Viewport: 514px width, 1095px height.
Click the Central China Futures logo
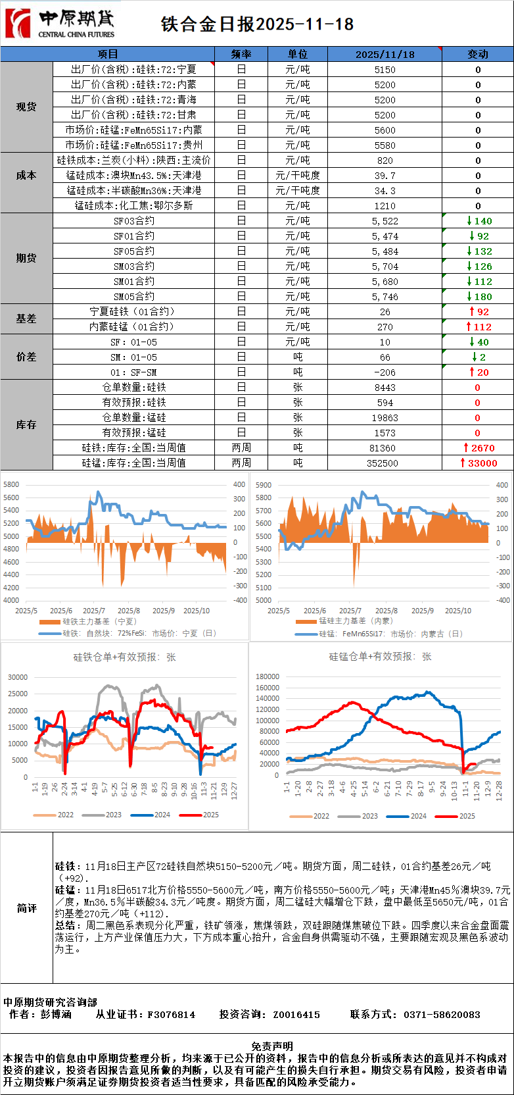[59, 24]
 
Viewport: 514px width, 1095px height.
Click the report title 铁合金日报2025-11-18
[257, 24]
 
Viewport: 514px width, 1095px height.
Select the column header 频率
[241, 54]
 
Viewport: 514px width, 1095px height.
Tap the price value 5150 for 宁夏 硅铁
[385, 70]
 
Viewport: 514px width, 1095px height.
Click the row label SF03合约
[134, 221]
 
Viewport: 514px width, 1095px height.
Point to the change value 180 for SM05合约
[479, 297]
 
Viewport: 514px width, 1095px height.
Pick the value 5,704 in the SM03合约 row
[385, 267]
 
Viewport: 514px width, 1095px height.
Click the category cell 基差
[26, 318]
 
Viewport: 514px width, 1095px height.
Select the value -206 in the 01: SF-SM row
[385, 372]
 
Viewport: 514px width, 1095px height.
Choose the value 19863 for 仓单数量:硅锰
[385, 418]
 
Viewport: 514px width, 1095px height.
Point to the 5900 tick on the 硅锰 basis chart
[263, 485]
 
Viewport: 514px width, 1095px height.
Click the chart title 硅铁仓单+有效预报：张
[124, 657]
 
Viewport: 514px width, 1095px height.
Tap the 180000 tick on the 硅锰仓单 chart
[268, 676]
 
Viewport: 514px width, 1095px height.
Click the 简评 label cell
[26, 908]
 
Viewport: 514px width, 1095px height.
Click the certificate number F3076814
[171, 1015]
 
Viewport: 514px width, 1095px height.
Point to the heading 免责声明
[272, 1046]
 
